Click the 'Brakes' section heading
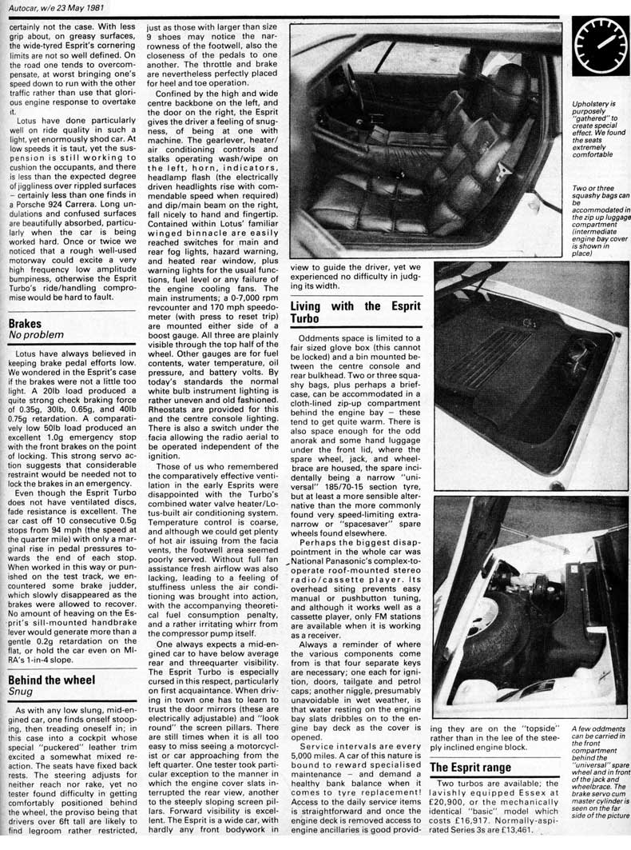(x=26, y=324)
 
